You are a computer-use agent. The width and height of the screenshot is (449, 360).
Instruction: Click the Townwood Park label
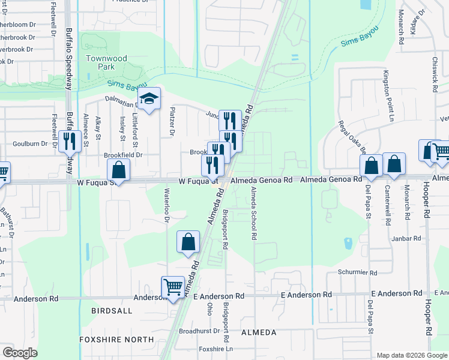click(x=106, y=62)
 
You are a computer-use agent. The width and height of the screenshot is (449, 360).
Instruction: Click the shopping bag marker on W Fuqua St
click(x=119, y=170)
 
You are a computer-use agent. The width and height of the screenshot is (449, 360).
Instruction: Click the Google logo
click(x=20, y=353)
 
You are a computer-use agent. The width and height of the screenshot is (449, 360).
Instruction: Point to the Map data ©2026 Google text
click(x=411, y=355)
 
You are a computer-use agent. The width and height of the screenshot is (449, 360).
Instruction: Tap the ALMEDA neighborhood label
click(x=258, y=332)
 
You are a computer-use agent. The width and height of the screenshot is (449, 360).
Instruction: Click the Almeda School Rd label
click(x=254, y=214)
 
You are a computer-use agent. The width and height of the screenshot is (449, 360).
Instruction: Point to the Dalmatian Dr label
click(x=123, y=100)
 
